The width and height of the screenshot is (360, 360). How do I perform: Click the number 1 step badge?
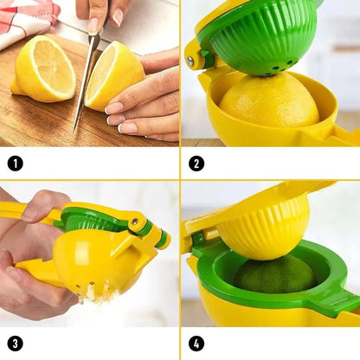pos(15,164)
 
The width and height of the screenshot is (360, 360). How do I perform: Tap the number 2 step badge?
pos(196,164)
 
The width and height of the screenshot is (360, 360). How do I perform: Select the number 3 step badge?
pos(15,344)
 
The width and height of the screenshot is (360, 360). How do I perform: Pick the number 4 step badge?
pos(196,344)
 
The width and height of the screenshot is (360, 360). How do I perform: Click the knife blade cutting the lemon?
pos(86,82)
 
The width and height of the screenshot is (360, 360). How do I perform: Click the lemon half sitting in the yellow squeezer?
pos(269,101)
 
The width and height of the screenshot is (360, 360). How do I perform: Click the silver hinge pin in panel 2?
pos(190,61)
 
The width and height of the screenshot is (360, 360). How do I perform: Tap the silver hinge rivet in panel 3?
pos(135,222)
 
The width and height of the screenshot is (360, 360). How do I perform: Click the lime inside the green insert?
pos(274,274)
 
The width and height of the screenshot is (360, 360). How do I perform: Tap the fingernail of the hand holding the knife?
pos(118,17)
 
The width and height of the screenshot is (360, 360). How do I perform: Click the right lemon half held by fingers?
pos(114,75)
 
